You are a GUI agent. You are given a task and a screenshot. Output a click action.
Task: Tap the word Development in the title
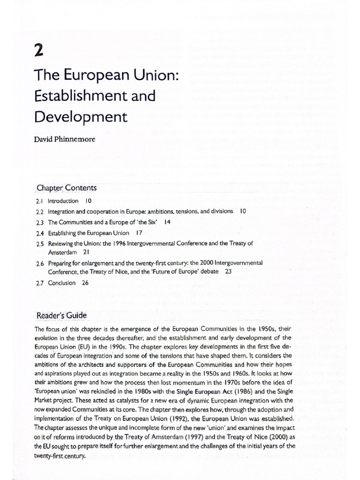pos(81,118)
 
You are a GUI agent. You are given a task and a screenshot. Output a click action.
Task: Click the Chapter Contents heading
pos(67,188)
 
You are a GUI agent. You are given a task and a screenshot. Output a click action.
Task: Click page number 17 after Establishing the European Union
pos(139,232)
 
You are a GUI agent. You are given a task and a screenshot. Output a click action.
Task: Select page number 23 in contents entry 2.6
pos(228,271)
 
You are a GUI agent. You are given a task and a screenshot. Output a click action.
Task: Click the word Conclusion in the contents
pos(61,283)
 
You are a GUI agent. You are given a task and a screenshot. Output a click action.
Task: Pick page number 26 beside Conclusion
pos(85,283)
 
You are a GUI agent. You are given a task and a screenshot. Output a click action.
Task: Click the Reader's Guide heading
pos(61,315)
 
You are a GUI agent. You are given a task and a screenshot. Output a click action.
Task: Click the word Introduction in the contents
pos(63,201)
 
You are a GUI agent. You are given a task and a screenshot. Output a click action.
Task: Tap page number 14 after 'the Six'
pos(167,222)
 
